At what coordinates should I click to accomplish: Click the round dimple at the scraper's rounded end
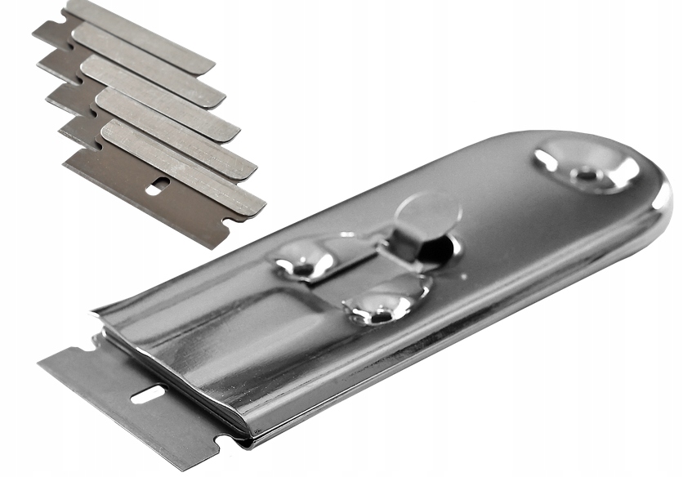click(587, 169)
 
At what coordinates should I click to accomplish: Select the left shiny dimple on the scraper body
click(305, 261)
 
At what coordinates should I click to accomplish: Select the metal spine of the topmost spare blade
click(139, 34)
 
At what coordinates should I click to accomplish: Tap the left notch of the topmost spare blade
click(44, 33)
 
